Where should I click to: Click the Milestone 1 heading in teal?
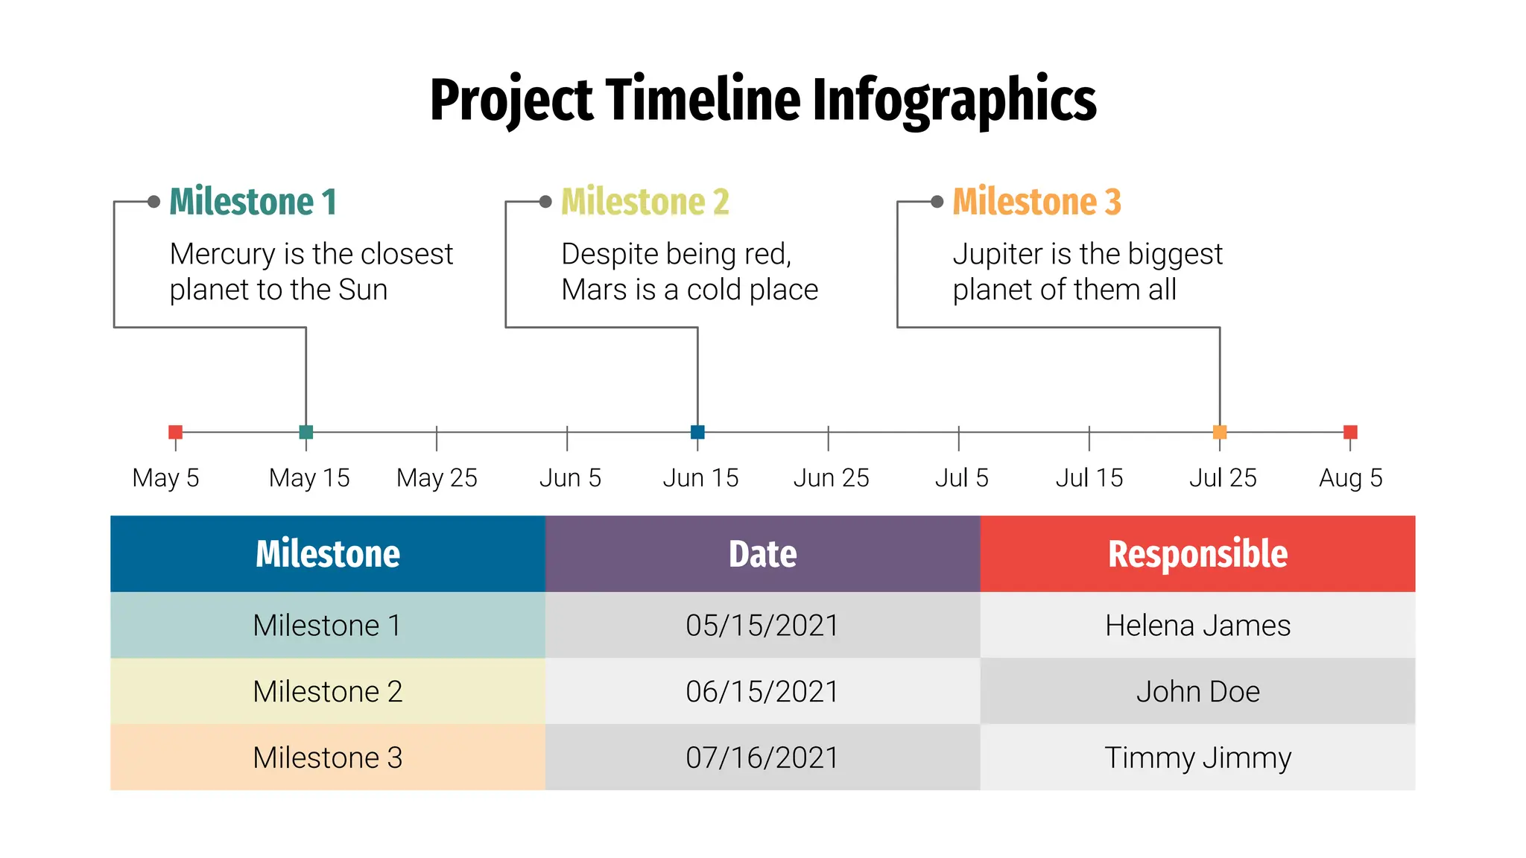[x=253, y=202]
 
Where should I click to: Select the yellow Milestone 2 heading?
[x=645, y=202]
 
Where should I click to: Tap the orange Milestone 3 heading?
[x=1036, y=202]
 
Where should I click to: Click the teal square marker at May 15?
[x=305, y=432]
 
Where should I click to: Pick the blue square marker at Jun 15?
[x=697, y=432]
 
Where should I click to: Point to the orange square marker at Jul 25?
[x=1220, y=432]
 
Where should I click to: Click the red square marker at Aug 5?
[x=1350, y=432]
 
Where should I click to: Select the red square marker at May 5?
[x=176, y=432]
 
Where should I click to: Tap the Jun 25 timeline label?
[x=831, y=478]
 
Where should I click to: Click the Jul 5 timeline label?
[x=961, y=478]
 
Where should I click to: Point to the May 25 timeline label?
[x=437, y=478]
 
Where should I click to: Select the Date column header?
[x=762, y=554]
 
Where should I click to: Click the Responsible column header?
[x=1197, y=554]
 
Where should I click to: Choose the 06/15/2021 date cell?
[x=762, y=692]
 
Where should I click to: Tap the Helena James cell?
[x=1197, y=626]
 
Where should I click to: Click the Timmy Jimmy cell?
[x=1197, y=758]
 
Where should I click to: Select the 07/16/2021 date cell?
[x=762, y=758]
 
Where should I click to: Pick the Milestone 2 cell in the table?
[x=328, y=692]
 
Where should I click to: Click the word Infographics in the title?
[x=954, y=101]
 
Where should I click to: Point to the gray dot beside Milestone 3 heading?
[x=937, y=202]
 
